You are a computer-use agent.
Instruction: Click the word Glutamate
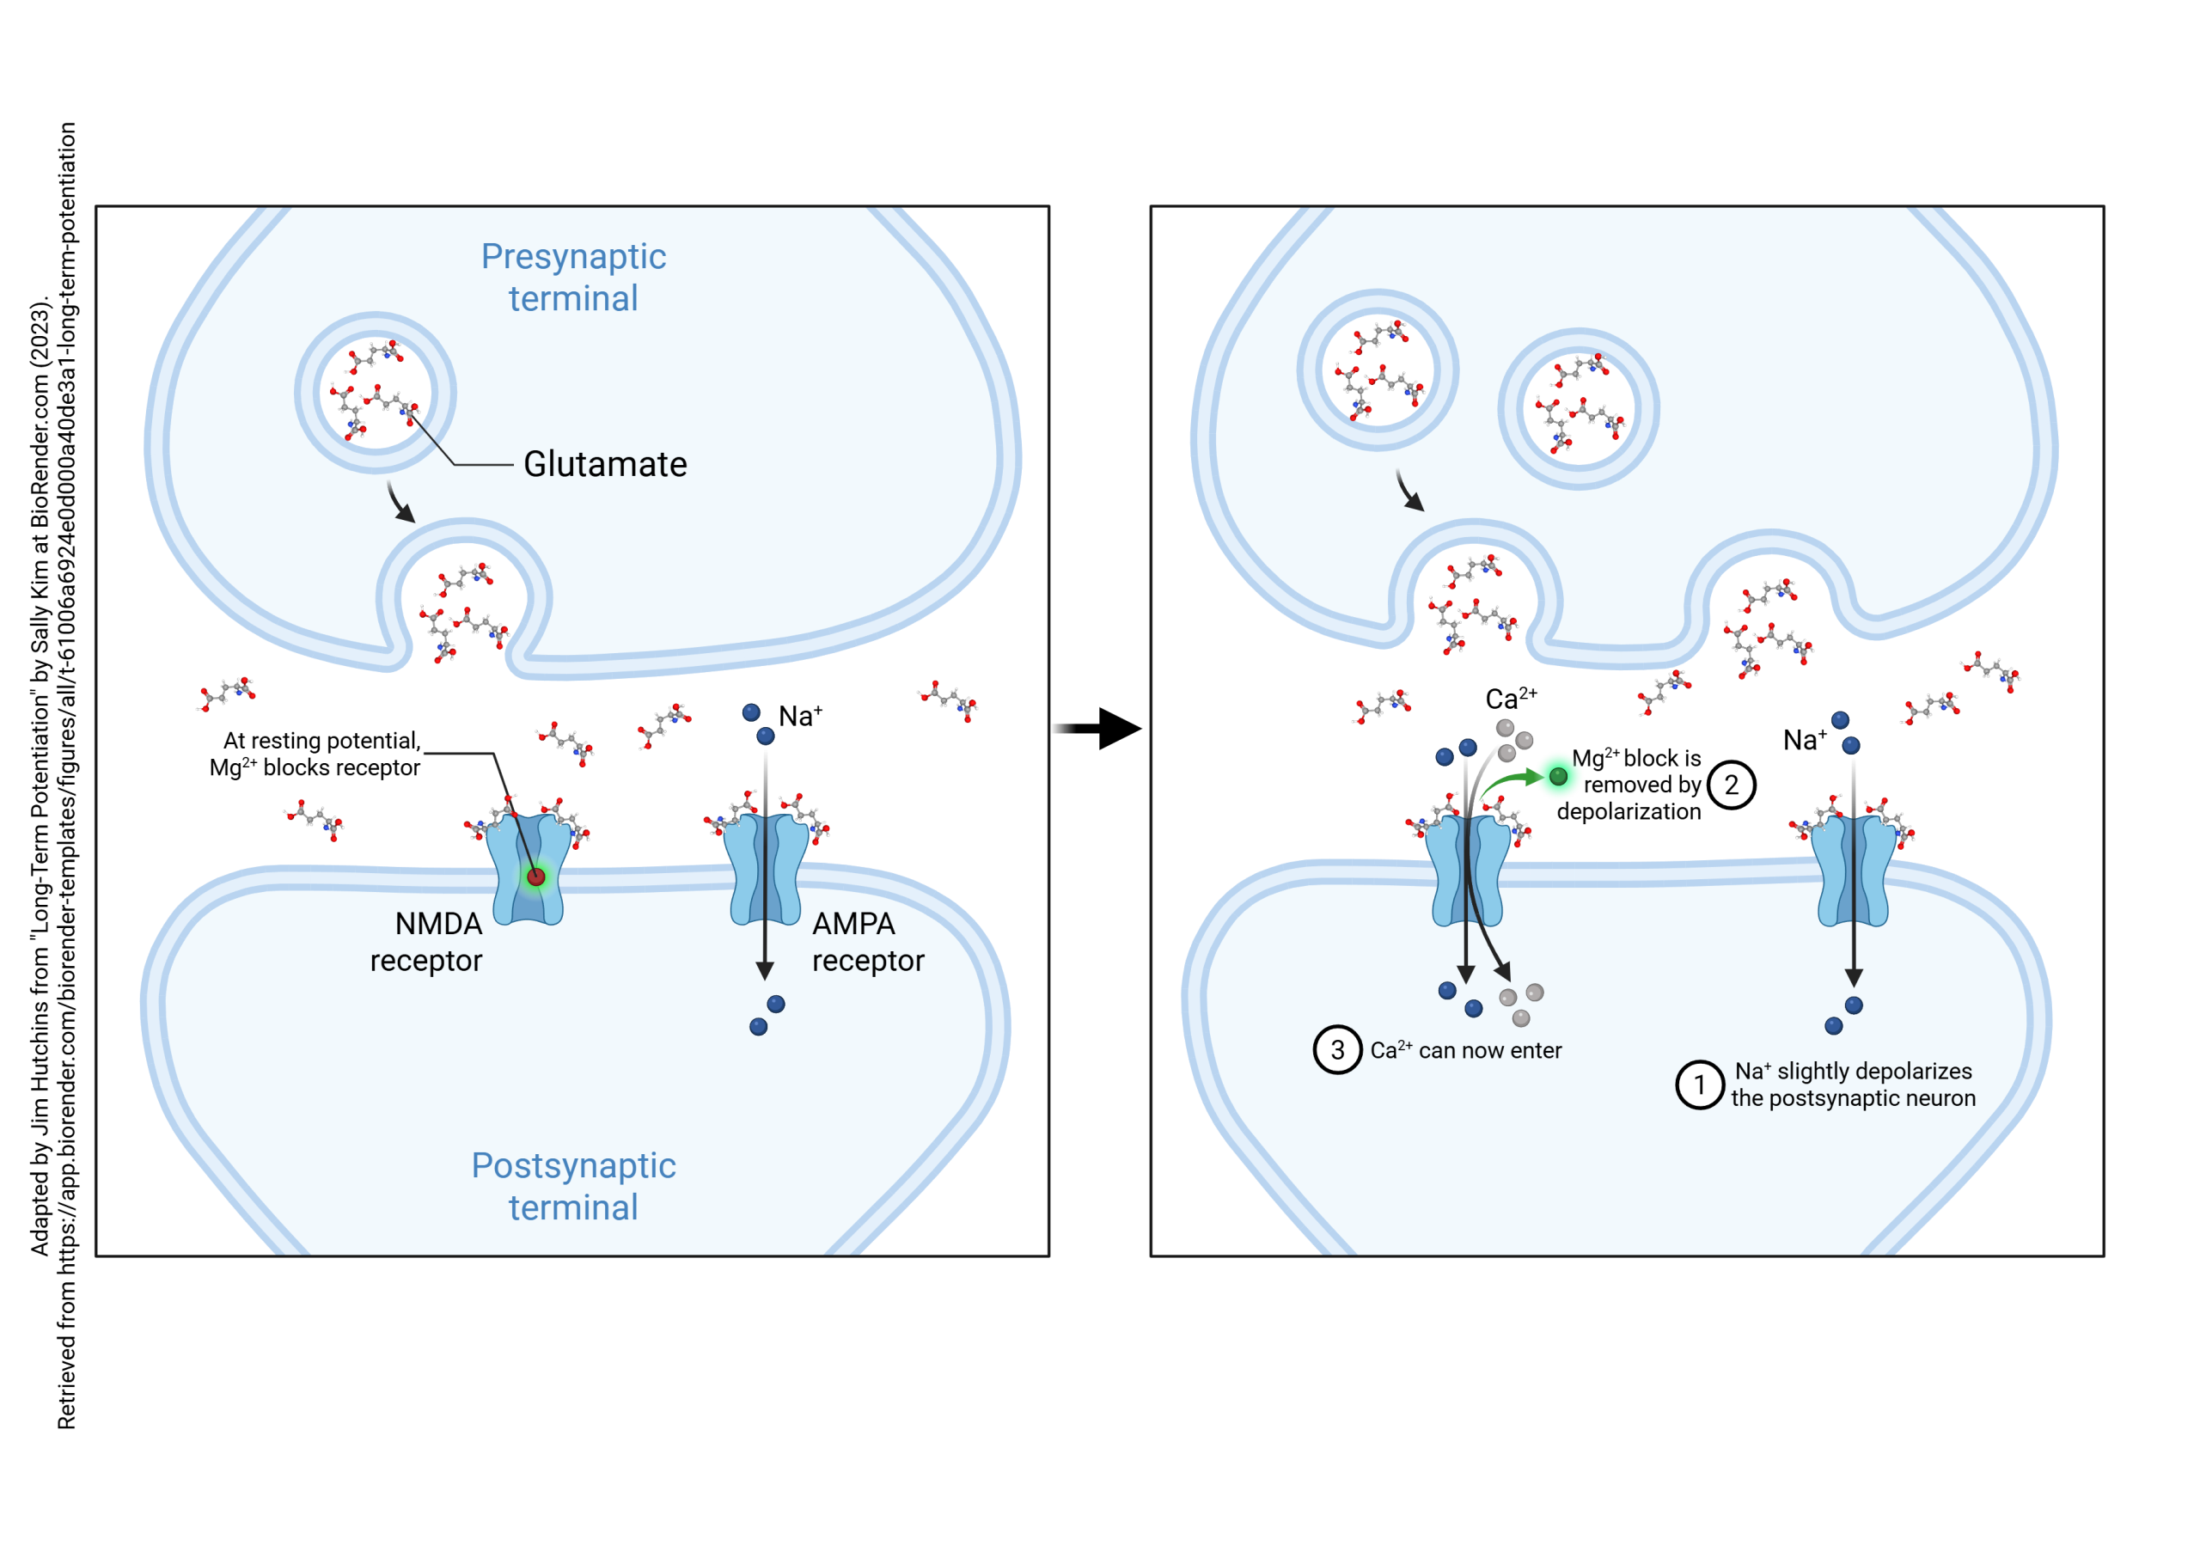[604, 464]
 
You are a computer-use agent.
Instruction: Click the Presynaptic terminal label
[573, 278]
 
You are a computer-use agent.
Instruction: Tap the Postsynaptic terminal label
[573, 1186]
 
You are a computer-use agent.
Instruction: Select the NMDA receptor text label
[427, 941]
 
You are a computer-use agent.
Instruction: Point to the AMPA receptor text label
[867, 941]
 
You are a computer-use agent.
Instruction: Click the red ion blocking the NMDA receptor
[536, 876]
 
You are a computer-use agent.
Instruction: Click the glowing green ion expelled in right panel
[1558, 776]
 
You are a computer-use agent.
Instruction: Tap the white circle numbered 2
[1731, 785]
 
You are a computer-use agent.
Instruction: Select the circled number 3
[1336, 1049]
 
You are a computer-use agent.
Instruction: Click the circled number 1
[1699, 1085]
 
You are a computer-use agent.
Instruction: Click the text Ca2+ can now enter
[1465, 1050]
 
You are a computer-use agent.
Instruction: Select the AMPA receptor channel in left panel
[765, 869]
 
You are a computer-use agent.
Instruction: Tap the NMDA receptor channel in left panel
[527, 869]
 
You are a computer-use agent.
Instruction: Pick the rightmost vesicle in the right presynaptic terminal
[1579, 409]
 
